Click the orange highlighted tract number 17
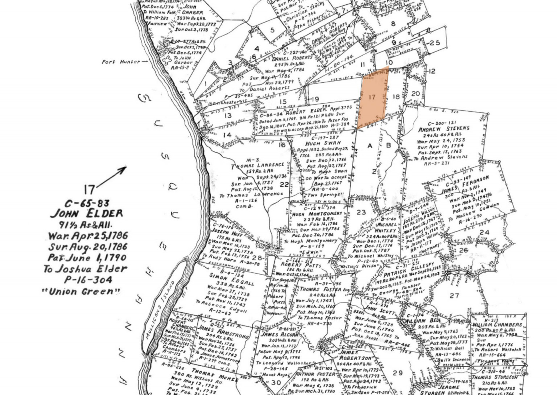372,97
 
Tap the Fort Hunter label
121,62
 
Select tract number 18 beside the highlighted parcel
396,96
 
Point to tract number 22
284,185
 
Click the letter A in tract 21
370,146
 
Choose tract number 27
454,296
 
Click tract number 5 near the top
272,30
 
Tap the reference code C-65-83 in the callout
86,203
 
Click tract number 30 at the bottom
276,382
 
